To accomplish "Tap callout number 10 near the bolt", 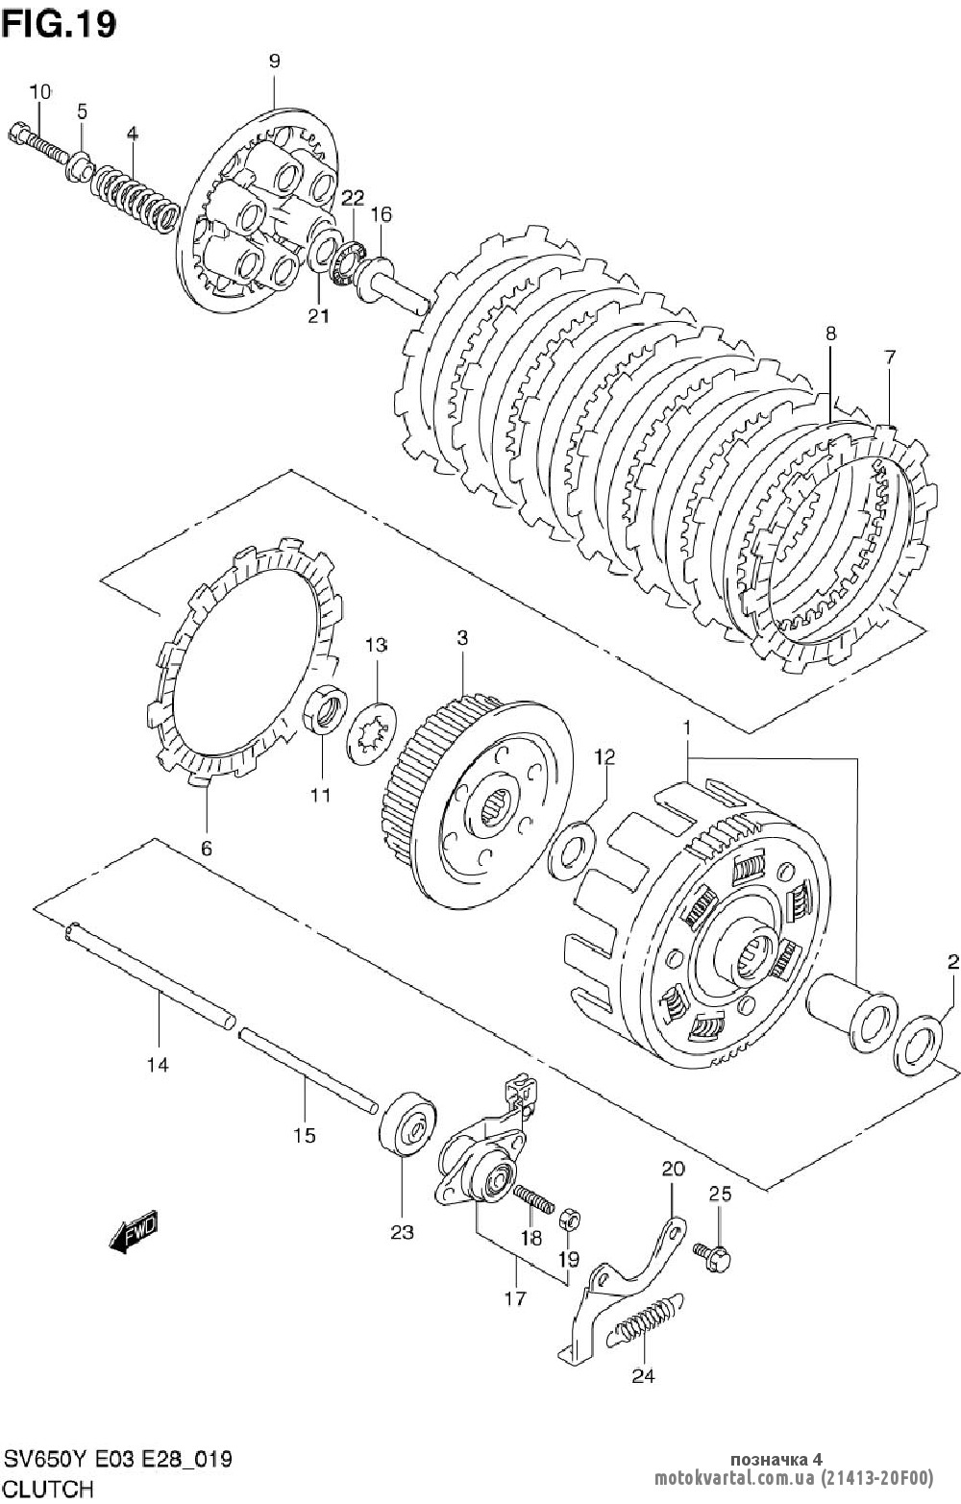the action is pos(40,91).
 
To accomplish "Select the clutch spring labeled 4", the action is pos(135,199).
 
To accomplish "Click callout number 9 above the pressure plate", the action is pos(274,62).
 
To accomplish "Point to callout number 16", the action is pos(381,215).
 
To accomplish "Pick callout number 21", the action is pos(318,316).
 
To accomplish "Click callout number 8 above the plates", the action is pos(830,333).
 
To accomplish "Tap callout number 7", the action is pos(890,358).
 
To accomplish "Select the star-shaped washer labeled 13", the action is pos(371,732).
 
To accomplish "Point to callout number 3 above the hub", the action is pos(462,637).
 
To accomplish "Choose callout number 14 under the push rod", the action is pos(159,1065).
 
